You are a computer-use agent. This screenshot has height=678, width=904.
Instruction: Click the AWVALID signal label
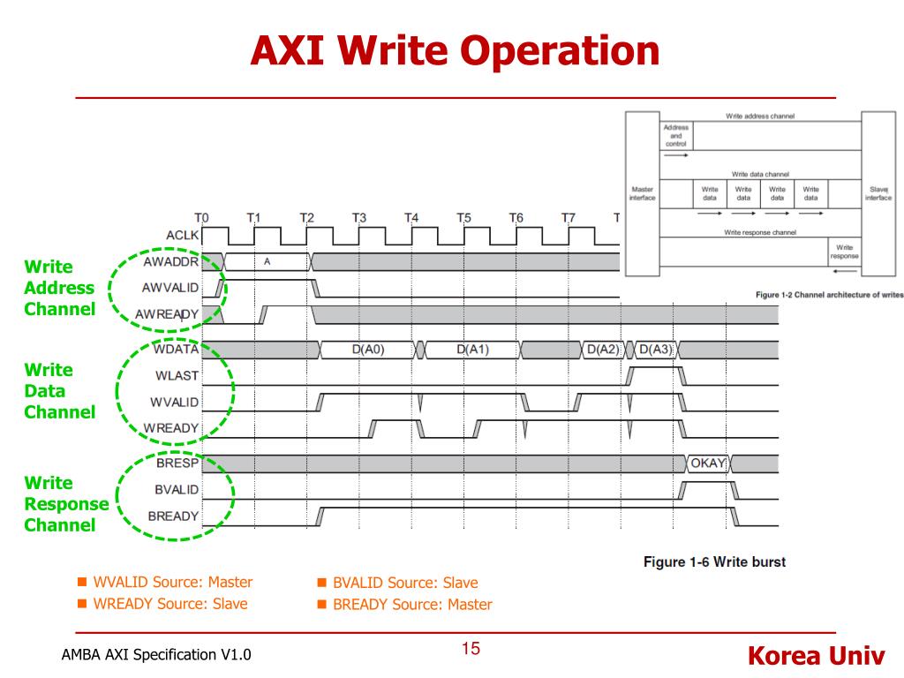[169, 288]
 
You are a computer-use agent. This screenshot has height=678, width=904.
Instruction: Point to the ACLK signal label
[181, 235]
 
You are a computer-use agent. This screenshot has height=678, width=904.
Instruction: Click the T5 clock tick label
[463, 218]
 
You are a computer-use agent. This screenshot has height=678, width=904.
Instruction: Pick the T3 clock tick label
[358, 218]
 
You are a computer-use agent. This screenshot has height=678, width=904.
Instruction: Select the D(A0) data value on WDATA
[368, 350]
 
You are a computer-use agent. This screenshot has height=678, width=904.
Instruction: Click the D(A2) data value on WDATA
[602, 350]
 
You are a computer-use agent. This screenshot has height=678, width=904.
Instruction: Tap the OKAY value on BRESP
[707, 463]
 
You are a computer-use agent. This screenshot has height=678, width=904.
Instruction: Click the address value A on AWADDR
[267, 261]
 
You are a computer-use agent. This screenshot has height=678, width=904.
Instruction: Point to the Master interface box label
[642, 193]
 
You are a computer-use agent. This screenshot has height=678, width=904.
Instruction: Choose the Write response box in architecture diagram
[844, 252]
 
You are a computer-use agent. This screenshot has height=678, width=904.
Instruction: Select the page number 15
[471, 650]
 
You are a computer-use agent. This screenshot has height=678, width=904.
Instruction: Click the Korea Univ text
[815, 656]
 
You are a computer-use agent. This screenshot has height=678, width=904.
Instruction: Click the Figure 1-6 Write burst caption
[714, 561]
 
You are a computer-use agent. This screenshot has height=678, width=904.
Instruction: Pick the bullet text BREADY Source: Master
[412, 605]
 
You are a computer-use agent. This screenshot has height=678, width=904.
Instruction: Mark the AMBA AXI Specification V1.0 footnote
[156, 655]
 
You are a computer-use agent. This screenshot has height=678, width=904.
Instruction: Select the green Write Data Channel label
[60, 391]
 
